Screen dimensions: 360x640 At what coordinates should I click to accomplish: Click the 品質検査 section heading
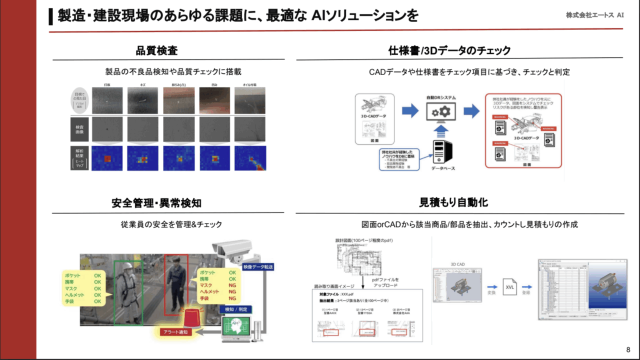tap(156, 50)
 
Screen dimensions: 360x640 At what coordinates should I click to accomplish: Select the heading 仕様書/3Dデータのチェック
tap(449, 50)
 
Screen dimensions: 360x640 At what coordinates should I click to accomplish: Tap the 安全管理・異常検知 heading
tap(156, 203)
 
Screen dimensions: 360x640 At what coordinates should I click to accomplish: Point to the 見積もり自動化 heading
tap(454, 203)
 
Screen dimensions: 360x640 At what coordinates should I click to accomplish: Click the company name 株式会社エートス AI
tap(594, 15)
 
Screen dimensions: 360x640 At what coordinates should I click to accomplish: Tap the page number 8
tap(628, 349)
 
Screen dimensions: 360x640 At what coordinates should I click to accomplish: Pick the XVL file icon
tap(509, 287)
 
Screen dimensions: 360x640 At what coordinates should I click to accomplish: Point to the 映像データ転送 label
tap(258, 267)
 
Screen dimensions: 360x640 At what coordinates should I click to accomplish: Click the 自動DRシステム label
tap(440, 97)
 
